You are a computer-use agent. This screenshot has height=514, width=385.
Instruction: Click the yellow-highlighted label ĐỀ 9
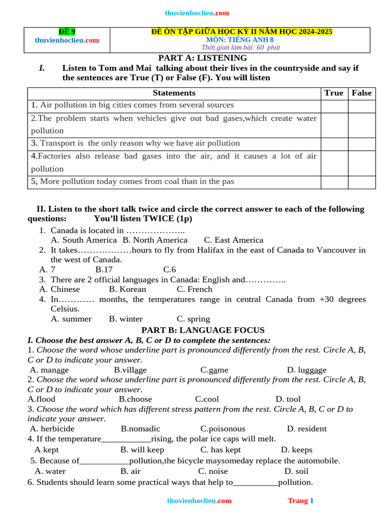pos(67,32)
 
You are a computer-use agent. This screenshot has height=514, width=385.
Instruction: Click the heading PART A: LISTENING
pos(203,58)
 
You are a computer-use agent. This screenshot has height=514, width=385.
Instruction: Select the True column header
pos(334,93)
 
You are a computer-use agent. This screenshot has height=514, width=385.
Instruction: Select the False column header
pos(361,93)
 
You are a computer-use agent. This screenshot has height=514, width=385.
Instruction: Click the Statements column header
pos(174,93)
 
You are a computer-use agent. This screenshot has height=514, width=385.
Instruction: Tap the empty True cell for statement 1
pos(334,106)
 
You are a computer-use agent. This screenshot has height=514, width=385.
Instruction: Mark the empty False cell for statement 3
pos(361,144)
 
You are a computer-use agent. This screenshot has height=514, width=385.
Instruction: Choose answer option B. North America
pos(155,240)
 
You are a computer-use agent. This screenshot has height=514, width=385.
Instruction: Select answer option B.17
pos(104,270)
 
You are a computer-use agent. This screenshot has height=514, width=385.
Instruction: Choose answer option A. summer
pos(71,319)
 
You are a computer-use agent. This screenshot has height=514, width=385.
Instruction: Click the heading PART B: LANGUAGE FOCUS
pos(203,330)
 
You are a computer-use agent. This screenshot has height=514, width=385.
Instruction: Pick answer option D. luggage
pos(306,370)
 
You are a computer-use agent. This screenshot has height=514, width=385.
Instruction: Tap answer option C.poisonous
pos(223,429)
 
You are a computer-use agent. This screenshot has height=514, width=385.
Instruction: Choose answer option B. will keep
pos(142,450)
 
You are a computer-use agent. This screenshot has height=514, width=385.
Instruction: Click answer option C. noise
pos(213,471)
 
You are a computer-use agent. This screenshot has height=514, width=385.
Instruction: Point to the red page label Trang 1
pos(300,500)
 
